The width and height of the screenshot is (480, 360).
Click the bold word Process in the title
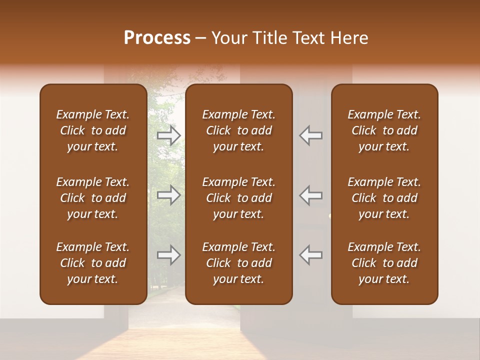[x=157, y=38]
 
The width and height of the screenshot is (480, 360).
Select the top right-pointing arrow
[x=169, y=135]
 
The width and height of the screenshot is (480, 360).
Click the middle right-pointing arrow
[x=169, y=195]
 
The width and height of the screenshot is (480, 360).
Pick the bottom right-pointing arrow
[x=169, y=255]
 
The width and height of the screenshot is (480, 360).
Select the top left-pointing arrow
[x=310, y=135]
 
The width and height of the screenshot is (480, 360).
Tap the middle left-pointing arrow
[x=310, y=195]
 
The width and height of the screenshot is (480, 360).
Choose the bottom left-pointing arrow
[x=310, y=255]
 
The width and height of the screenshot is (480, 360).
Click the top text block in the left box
[x=92, y=130]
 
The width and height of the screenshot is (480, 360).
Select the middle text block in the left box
[x=92, y=198]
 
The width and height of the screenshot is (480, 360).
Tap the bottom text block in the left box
[x=92, y=263]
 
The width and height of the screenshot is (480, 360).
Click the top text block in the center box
[x=238, y=130]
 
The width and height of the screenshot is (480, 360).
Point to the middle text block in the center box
[x=238, y=198]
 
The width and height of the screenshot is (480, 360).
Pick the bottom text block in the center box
[x=238, y=263]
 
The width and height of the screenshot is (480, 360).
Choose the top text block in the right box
[x=384, y=130]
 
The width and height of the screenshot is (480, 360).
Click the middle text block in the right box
[x=384, y=198]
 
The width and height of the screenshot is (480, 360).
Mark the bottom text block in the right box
[x=384, y=263]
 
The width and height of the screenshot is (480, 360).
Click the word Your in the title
[x=227, y=38]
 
